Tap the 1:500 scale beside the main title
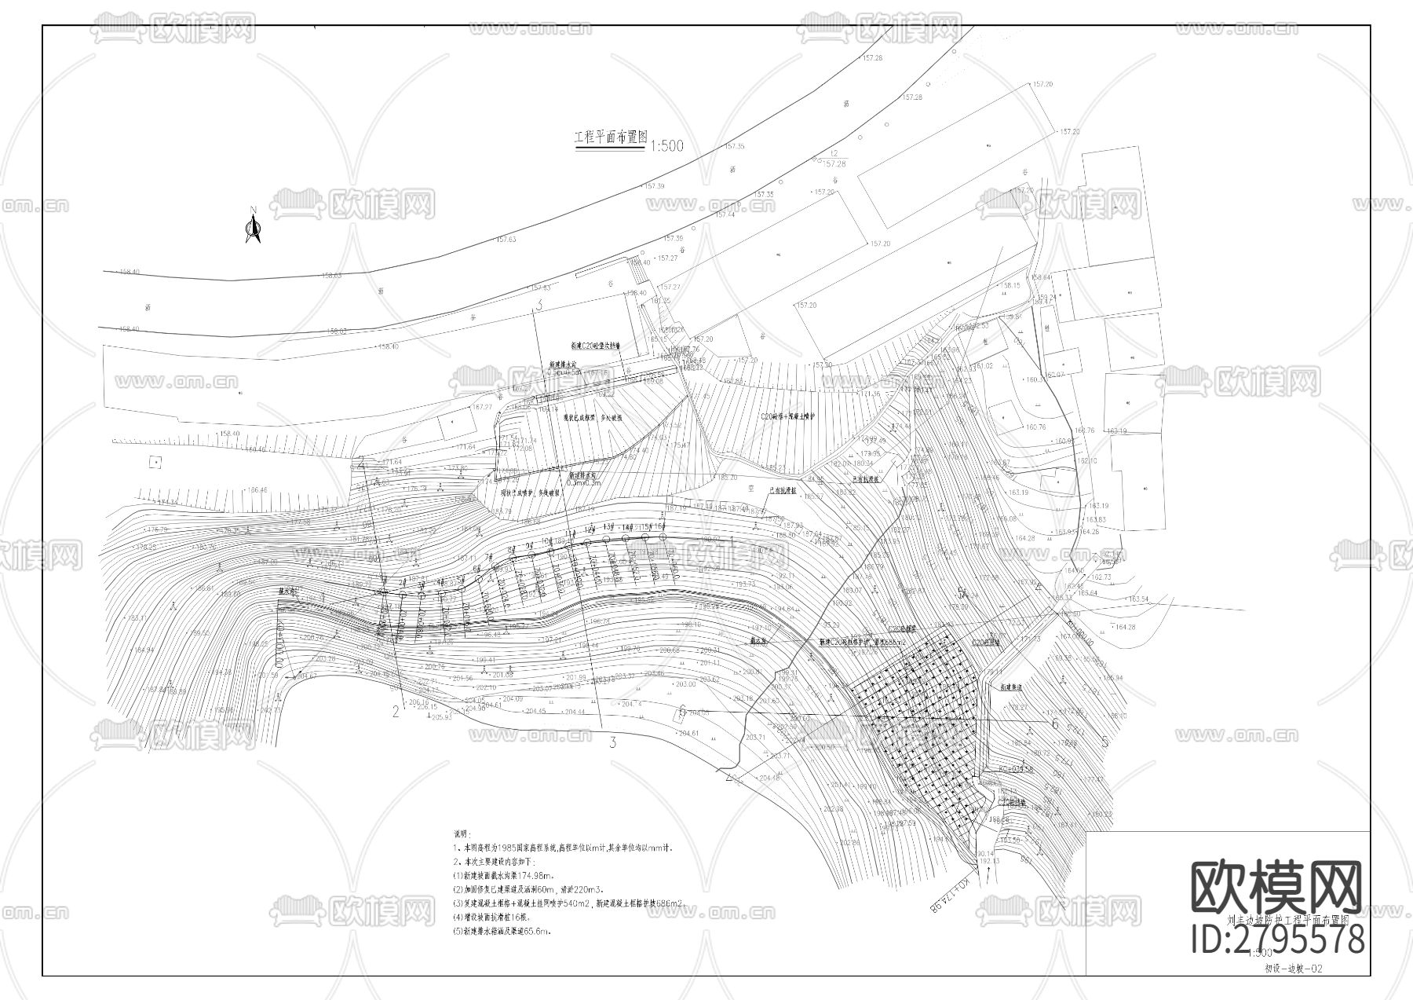[666, 146]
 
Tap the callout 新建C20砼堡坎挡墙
[596, 346]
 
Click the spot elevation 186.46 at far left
[256, 490]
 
